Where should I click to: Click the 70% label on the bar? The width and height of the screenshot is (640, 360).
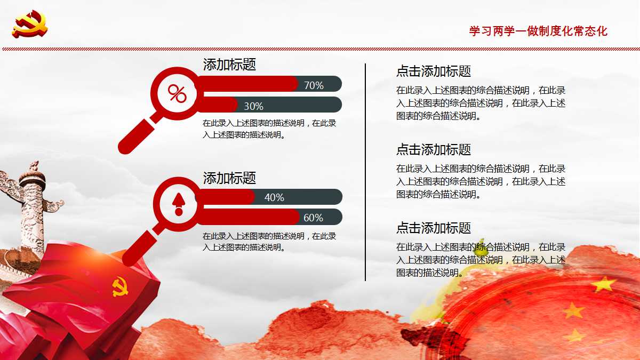[x=314, y=85]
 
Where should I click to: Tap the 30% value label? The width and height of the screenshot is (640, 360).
[x=253, y=106]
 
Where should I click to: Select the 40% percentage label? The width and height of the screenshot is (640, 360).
[x=274, y=197]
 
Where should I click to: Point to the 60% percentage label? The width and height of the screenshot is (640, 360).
[x=313, y=218]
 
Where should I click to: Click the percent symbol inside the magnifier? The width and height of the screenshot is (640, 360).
[x=177, y=93]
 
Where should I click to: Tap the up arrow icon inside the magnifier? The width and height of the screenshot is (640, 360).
[x=179, y=204]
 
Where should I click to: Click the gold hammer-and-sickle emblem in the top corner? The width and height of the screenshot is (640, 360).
[x=30, y=24]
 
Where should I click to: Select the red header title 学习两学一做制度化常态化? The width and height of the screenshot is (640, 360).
[x=538, y=31]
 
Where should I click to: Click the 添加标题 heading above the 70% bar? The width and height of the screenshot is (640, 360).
[x=229, y=65]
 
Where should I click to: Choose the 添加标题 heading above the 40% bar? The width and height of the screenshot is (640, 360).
[x=229, y=178]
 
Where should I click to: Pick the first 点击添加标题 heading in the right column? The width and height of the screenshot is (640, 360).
[x=434, y=71]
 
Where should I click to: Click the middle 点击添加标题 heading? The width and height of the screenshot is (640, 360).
[x=434, y=149]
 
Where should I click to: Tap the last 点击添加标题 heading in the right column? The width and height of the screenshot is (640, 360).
[x=434, y=228]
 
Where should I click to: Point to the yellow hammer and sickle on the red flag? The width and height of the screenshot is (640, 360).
[x=120, y=286]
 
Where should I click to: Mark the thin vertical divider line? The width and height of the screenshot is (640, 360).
[x=365, y=172]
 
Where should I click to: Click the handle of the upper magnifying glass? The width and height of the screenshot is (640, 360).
[x=137, y=137]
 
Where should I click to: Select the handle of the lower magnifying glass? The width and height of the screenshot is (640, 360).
[x=140, y=248]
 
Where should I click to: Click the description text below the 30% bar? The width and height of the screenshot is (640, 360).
[x=269, y=129]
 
